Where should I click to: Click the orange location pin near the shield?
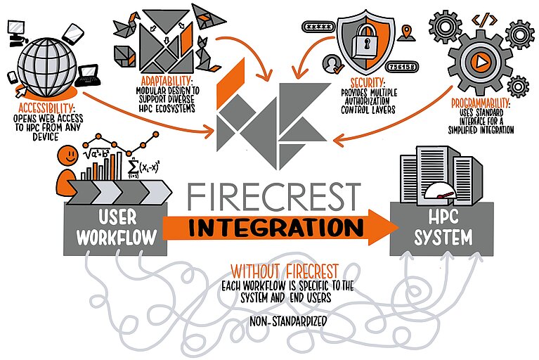click(406, 32)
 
